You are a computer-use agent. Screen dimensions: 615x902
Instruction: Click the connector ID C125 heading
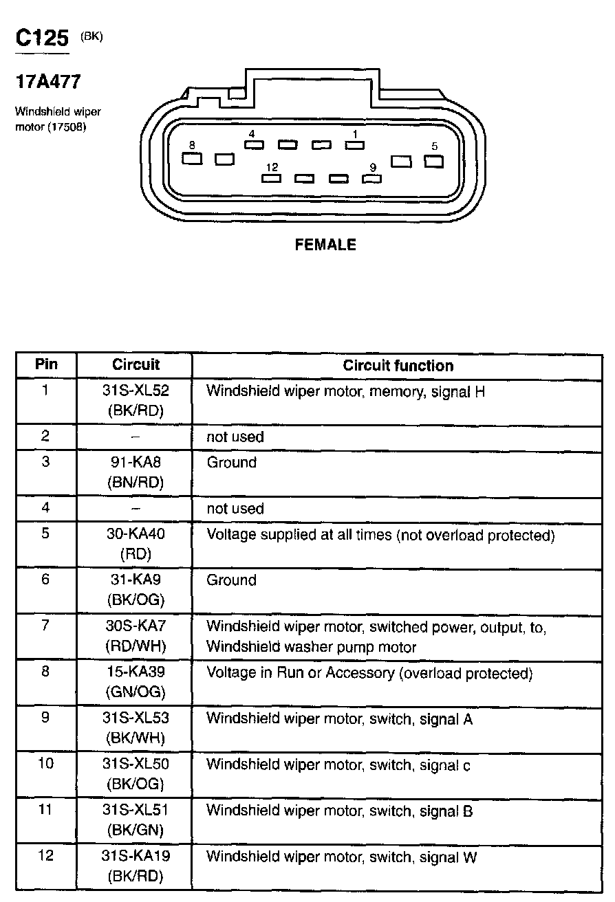click(43, 38)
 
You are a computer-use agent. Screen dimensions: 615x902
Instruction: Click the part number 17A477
click(48, 82)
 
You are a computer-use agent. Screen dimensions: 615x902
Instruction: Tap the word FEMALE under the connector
click(325, 245)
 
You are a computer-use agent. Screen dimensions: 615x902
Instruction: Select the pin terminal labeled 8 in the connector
click(192, 159)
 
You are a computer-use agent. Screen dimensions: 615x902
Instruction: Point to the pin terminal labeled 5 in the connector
click(433, 162)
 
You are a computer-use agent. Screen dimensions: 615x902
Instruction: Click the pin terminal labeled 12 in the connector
click(272, 179)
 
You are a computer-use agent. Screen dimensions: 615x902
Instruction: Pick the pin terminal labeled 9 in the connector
click(372, 179)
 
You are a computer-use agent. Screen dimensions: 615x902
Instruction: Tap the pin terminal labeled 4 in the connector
click(254, 145)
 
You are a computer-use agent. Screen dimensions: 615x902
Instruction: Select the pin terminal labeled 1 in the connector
click(354, 145)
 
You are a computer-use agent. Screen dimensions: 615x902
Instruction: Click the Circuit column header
click(136, 365)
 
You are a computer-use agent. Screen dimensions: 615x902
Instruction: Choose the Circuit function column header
click(398, 366)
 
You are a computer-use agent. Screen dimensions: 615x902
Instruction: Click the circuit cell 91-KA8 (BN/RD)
click(136, 472)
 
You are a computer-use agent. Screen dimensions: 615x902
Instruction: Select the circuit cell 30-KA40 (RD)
click(136, 544)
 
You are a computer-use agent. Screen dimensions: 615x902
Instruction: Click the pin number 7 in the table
click(45, 626)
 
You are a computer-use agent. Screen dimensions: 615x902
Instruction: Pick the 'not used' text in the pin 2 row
click(235, 437)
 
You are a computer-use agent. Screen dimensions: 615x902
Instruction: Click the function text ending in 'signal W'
click(341, 857)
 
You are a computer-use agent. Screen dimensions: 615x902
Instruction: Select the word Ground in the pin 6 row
click(231, 580)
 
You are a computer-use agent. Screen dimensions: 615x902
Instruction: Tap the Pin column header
click(46, 364)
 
